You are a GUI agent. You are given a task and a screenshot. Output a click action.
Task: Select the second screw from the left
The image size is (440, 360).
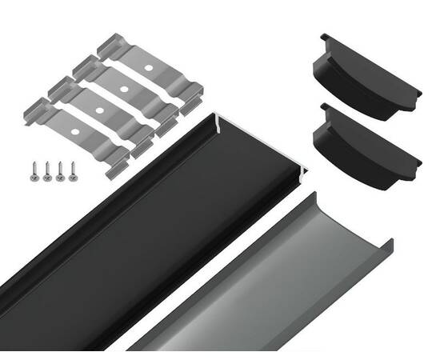coord(48,166)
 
